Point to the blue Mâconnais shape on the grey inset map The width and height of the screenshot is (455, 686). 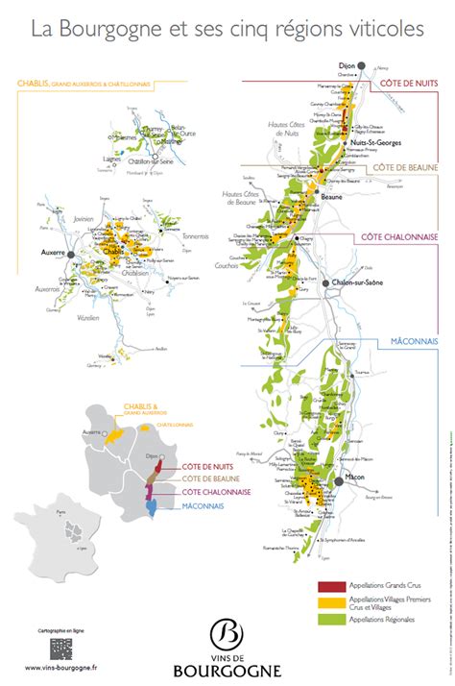(x=151, y=504)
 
